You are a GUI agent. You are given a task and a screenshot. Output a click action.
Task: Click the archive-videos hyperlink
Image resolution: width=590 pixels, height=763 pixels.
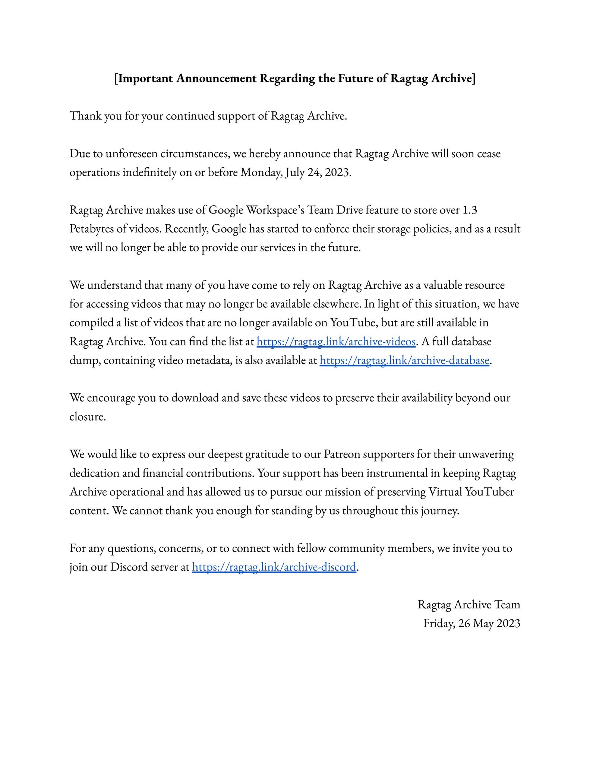tap(336, 342)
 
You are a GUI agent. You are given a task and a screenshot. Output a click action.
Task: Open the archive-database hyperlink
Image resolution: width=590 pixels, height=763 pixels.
tap(404, 360)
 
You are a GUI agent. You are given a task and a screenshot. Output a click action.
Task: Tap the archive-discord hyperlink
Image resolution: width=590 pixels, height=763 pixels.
tap(274, 567)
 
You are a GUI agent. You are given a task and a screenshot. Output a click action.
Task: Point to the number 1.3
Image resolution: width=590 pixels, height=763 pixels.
tap(469, 210)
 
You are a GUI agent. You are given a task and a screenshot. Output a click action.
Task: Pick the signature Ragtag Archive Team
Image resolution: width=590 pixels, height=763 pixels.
tap(468, 604)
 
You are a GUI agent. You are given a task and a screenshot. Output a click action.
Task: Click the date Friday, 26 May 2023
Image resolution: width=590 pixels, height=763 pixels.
tap(471, 623)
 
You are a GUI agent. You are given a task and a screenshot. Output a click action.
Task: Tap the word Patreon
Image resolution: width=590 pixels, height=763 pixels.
tap(342, 454)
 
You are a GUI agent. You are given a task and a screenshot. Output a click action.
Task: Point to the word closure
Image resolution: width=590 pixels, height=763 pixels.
tap(88, 417)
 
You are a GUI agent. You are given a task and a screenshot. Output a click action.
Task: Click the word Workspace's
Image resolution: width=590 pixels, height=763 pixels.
tap(275, 210)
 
